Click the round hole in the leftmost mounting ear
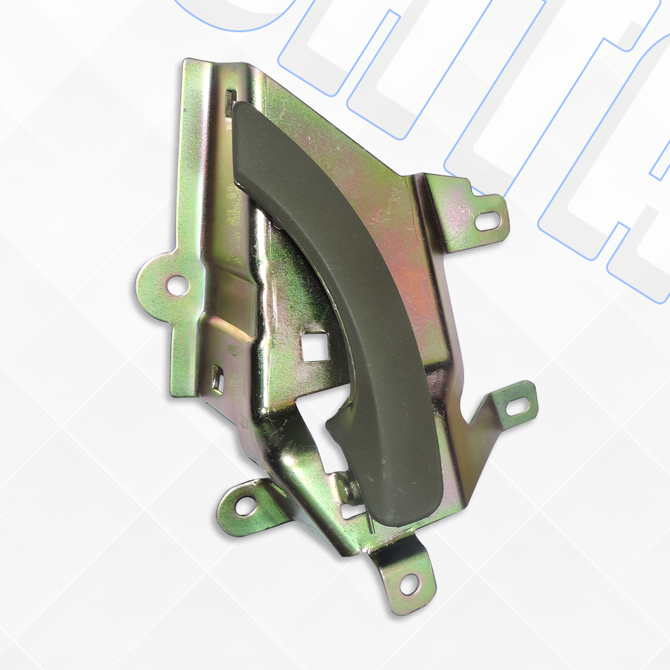click(177, 285)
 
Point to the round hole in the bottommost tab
click(408, 583)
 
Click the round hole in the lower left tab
click(245, 506)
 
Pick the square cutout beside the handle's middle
click(315, 346)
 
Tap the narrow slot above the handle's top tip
click(230, 99)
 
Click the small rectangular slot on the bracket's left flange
click(217, 378)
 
